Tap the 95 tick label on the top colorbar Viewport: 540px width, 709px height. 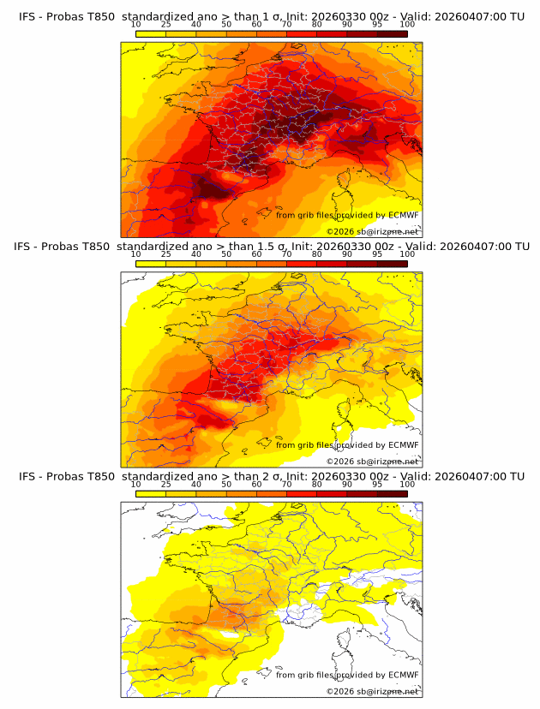[x=377, y=24]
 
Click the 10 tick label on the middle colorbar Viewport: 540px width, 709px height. [x=135, y=254]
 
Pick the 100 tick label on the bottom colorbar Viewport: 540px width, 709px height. [x=407, y=484]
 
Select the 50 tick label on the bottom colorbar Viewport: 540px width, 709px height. [x=226, y=484]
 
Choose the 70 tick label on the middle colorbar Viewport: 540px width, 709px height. [x=286, y=254]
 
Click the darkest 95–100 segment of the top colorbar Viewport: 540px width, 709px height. [x=392, y=33]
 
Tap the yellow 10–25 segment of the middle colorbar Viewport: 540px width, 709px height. [x=150, y=264]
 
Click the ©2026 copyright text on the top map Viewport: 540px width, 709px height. [x=373, y=231]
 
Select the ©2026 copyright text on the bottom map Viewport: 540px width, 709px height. [x=373, y=691]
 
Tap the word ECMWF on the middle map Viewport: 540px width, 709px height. [x=404, y=444]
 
